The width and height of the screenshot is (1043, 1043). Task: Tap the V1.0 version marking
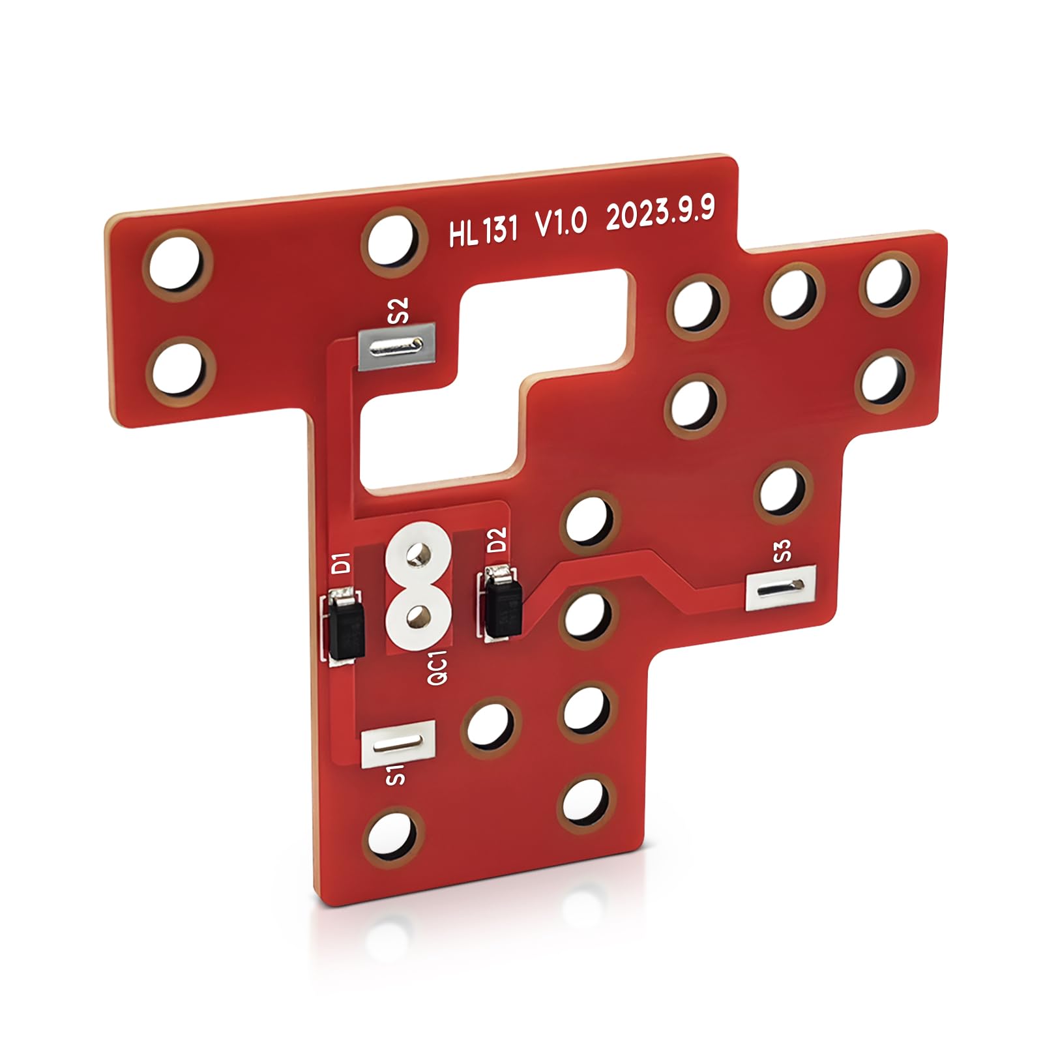click(x=561, y=222)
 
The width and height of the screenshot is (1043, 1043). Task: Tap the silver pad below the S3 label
click(x=780, y=588)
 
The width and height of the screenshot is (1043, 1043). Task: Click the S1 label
click(x=396, y=775)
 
